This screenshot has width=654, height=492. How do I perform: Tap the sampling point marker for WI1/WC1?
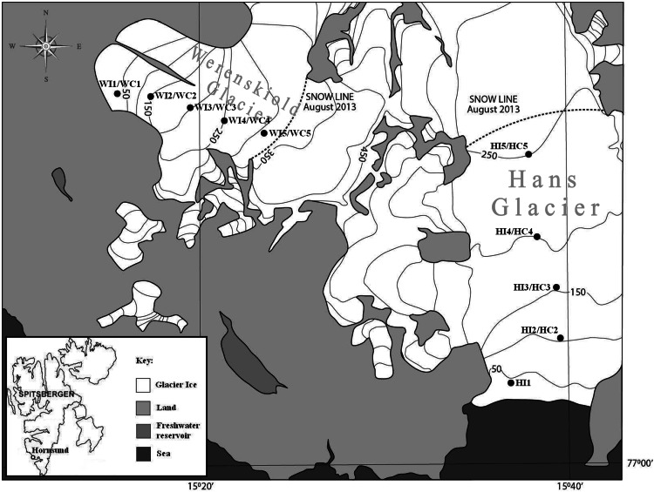pyautogui.click(x=118, y=94)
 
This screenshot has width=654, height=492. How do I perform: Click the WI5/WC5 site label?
pyautogui.click(x=290, y=133)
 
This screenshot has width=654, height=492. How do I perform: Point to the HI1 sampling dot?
pyautogui.click(x=511, y=382)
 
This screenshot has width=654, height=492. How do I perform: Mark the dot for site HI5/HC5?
pyautogui.click(x=528, y=154)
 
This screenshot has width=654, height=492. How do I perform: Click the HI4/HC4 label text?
pyautogui.click(x=514, y=232)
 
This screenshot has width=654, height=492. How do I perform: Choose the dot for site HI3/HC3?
pyautogui.click(x=556, y=287)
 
